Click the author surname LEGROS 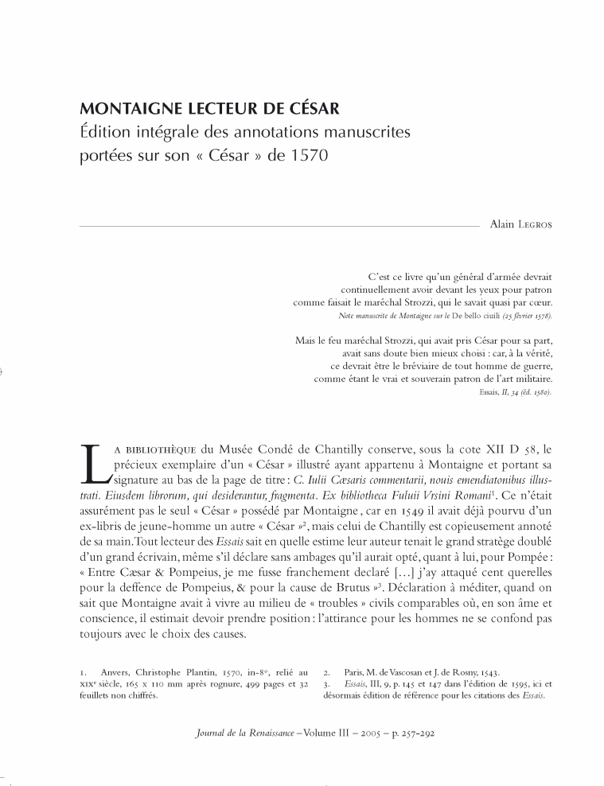point(533,225)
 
